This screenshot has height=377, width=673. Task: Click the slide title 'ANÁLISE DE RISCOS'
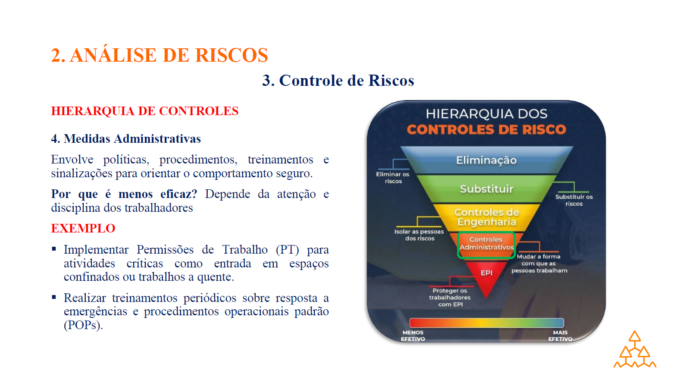click(x=169, y=55)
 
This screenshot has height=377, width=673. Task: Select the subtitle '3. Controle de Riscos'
click(x=338, y=80)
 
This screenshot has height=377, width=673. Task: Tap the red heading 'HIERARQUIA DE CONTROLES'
click(x=144, y=111)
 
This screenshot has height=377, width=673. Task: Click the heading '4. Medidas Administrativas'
click(x=126, y=138)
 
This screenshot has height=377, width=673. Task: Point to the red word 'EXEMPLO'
click(x=83, y=228)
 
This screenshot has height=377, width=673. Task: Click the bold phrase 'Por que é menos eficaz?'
click(x=124, y=194)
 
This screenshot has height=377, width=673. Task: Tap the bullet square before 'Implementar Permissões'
click(x=54, y=248)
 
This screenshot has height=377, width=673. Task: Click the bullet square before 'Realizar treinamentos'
click(x=54, y=297)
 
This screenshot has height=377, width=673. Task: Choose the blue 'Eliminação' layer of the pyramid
click(x=486, y=160)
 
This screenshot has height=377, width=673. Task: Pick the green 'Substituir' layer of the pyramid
click(x=486, y=189)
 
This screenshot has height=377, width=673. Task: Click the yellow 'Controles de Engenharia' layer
click(x=486, y=217)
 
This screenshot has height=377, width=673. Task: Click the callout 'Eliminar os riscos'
click(x=393, y=178)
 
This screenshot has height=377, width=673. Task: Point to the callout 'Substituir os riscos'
click(x=574, y=200)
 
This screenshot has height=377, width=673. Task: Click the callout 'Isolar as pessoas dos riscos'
click(x=419, y=235)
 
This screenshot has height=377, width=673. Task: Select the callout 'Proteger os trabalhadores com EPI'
click(x=450, y=297)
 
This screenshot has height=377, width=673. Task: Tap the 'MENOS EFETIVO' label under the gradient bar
click(x=413, y=336)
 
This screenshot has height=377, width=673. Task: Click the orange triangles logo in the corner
click(x=635, y=350)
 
